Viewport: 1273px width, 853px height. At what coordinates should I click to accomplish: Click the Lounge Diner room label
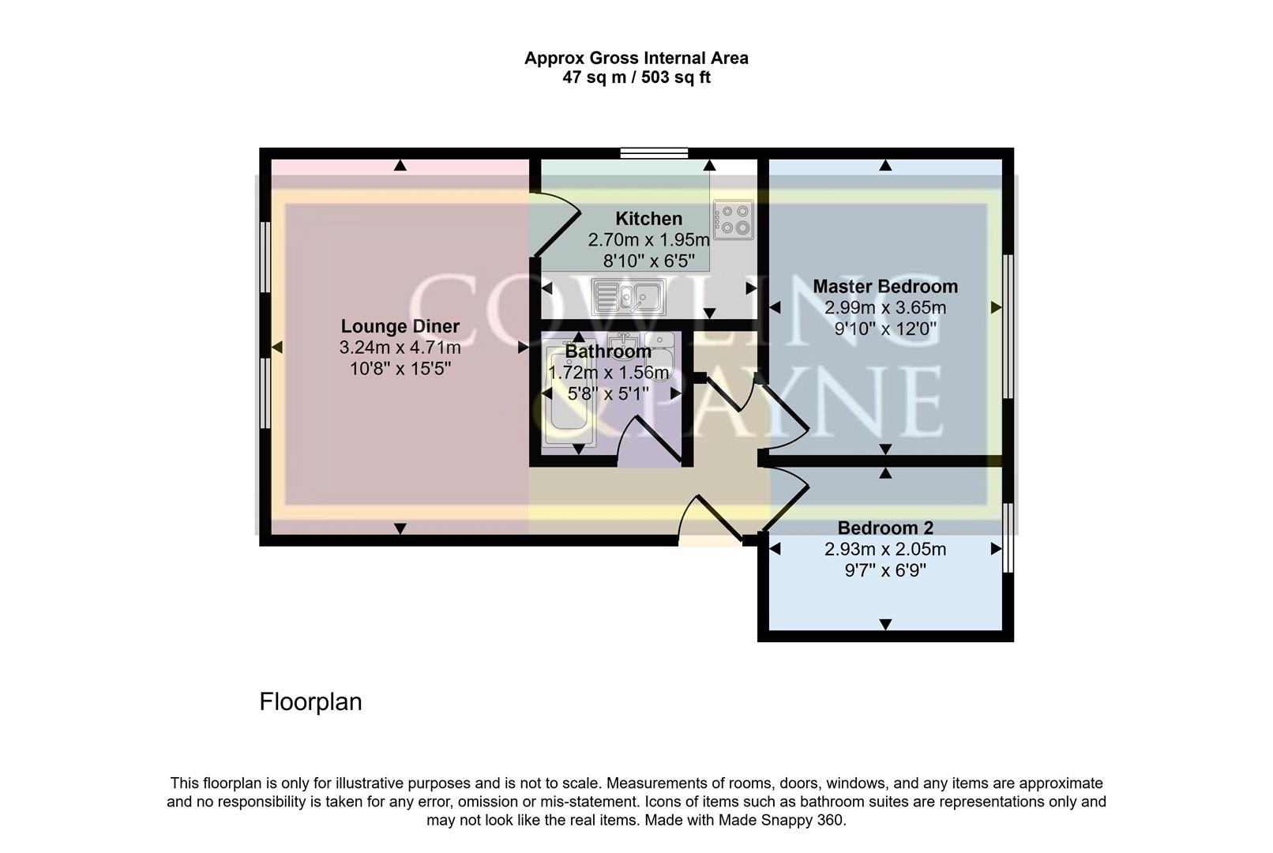pyautogui.click(x=400, y=326)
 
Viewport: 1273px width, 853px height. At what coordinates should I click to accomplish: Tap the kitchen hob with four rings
pyautogui.click(x=733, y=220)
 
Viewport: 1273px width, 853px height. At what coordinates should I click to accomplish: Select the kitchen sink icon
pyautogui.click(x=629, y=297)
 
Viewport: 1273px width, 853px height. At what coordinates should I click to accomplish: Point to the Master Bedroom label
pyautogui.click(x=885, y=286)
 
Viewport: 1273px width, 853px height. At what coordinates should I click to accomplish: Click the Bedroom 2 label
pyautogui.click(x=884, y=528)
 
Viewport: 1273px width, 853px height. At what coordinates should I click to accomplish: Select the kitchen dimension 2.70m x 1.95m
pyautogui.click(x=648, y=240)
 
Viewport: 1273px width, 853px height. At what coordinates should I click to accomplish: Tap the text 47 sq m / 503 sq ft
pyautogui.click(x=636, y=77)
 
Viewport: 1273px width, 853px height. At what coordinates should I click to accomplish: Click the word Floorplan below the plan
pyautogui.click(x=310, y=701)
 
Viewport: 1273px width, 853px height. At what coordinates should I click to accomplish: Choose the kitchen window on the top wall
pyautogui.click(x=654, y=153)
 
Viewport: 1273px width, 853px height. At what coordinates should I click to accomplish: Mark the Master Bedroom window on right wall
pyautogui.click(x=1008, y=326)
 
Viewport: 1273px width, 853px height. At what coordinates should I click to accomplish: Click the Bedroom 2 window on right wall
pyautogui.click(x=1008, y=537)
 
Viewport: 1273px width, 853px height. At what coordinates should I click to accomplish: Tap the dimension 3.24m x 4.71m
pyautogui.click(x=400, y=348)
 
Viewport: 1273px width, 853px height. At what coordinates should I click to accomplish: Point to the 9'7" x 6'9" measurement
pyautogui.click(x=884, y=570)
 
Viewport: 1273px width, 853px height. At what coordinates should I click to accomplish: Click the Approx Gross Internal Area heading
pyautogui.click(x=636, y=58)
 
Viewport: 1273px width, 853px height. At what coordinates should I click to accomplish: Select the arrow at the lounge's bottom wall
pyautogui.click(x=400, y=528)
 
